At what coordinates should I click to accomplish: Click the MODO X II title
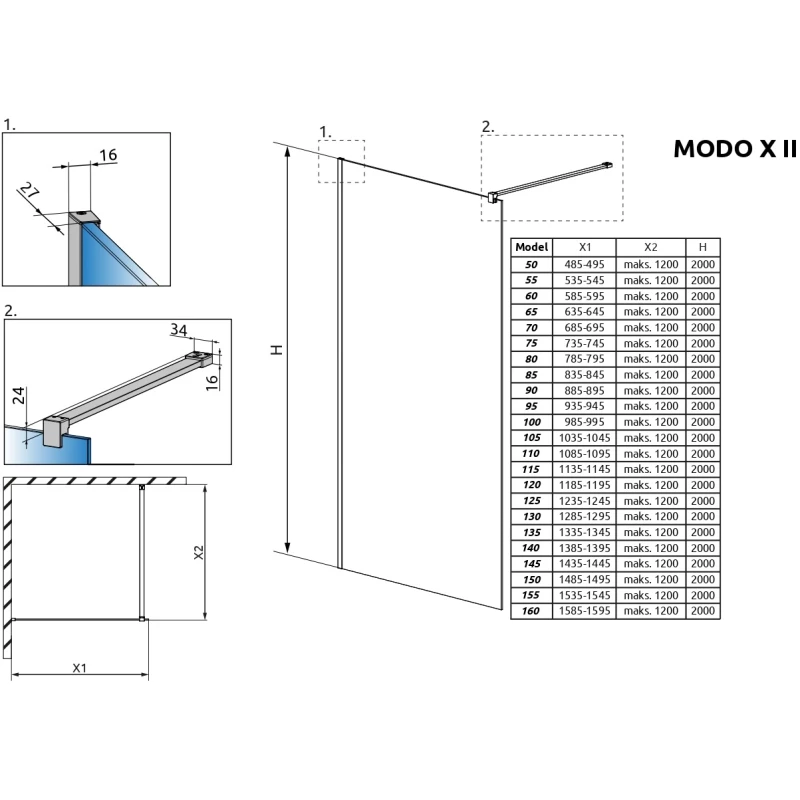734,148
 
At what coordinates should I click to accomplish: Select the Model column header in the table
531,247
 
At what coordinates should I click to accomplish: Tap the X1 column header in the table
584,247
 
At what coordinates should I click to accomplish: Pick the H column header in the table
703,247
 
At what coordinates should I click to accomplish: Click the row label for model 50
531,264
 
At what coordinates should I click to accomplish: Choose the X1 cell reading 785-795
584,358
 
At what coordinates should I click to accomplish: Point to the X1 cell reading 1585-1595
584,610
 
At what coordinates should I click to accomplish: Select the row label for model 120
531,484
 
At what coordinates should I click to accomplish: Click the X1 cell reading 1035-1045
584,437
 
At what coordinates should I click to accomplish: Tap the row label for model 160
531,610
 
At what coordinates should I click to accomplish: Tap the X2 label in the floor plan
198,553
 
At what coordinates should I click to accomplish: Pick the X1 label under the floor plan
79,667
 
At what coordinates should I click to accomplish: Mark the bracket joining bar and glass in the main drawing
493,196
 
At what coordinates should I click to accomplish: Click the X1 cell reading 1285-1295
584,516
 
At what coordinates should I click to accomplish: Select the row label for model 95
531,405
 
